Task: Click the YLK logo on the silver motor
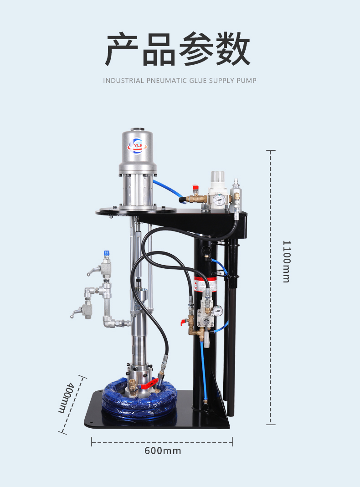point(137,146)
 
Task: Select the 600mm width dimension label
point(163,451)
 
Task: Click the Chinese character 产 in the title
point(122,49)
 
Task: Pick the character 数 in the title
point(233,49)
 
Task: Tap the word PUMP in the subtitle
point(247,81)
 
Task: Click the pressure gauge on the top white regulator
point(219,199)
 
